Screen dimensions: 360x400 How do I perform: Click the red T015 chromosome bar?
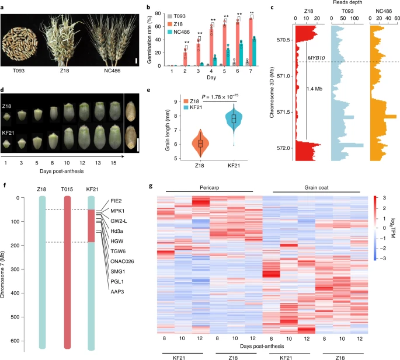click(x=68, y=271)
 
